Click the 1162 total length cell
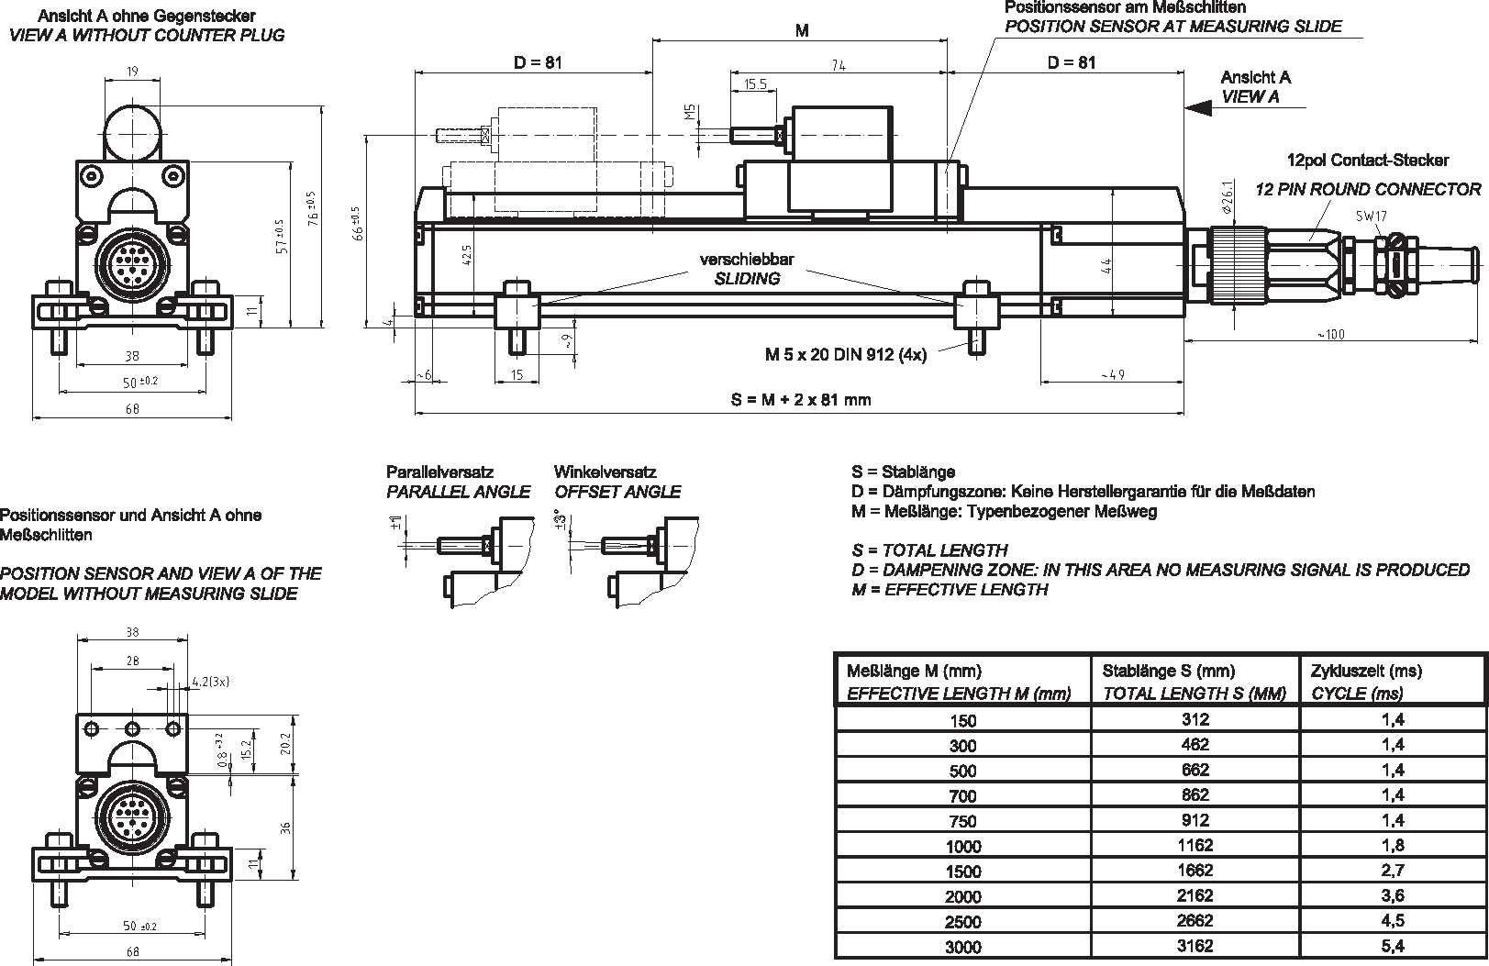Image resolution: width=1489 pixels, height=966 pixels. coord(1195,845)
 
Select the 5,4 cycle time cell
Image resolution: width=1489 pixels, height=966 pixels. coord(1393,946)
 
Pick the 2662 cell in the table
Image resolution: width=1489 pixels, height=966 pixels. coord(1195,920)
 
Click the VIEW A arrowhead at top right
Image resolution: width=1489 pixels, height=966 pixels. coord(1197,107)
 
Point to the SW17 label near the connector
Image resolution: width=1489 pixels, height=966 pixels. coord(1371,217)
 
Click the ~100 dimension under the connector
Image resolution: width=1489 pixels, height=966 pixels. coord(1329,334)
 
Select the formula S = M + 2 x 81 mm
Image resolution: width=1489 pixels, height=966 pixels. coord(800,400)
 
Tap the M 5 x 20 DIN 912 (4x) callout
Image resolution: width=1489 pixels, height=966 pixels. coord(845,354)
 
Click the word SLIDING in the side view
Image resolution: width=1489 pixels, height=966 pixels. coord(747,279)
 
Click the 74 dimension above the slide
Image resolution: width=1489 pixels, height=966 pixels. coord(838,65)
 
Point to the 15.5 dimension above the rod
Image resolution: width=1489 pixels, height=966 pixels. coord(754,84)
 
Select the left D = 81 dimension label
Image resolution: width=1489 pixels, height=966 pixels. coord(538,62)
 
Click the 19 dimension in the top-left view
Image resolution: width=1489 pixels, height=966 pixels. coord(133,72)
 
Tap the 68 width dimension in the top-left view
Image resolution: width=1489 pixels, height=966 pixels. coord(133,409)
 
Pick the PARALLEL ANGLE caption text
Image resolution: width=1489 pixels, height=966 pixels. coord(458,492)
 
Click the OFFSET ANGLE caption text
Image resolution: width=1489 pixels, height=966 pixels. coord(617,492)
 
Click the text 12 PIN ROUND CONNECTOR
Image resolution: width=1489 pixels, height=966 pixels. coord(1367,189)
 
